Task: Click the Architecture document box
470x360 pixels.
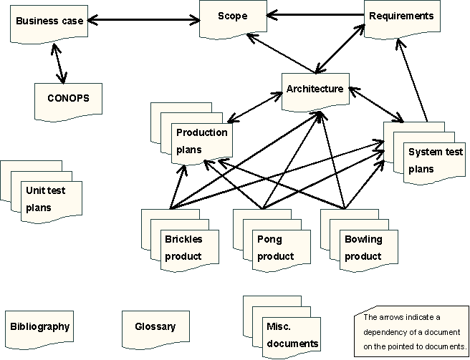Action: tap(315, 89)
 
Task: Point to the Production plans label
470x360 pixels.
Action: tap(201, 141)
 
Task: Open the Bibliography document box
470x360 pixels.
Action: tap(40, 327)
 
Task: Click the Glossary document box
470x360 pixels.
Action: tap(155, 327)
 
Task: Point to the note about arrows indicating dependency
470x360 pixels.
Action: tap(411, 331)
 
